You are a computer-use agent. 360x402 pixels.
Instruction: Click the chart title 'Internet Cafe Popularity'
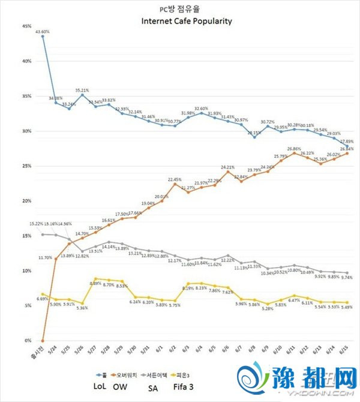click(x=186, y=20)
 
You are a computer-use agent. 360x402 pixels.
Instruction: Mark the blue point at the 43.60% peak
click(x=43, y=36)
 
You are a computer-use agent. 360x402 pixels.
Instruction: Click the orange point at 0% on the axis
click(x=43, y=340)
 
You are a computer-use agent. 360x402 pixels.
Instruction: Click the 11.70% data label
click(x=46, y=257)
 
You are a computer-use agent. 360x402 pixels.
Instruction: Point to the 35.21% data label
click(x=82, y=89)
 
